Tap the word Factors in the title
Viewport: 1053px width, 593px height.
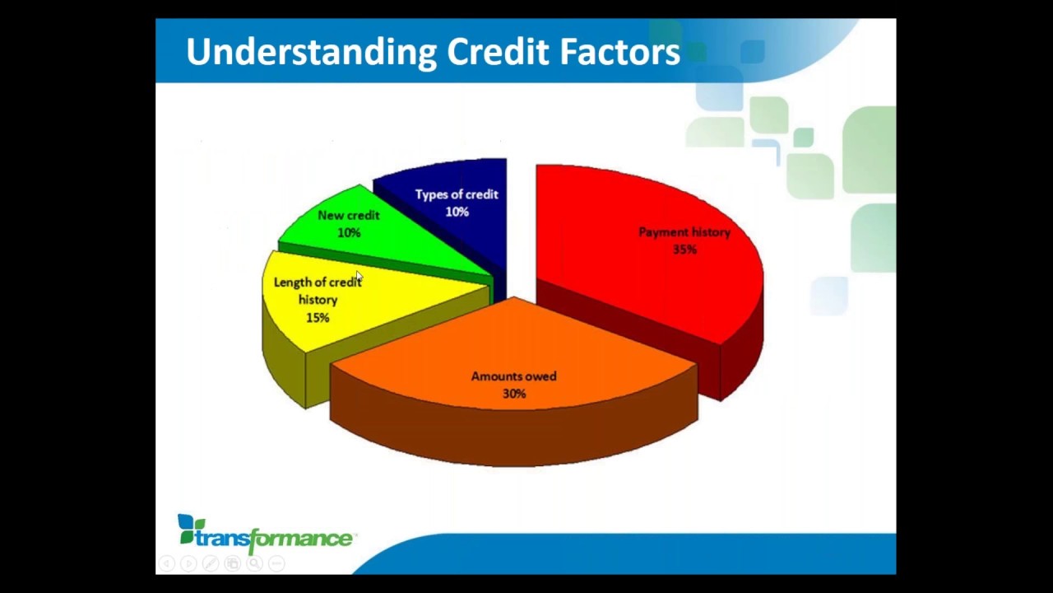click(619, 52)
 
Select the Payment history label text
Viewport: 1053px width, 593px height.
click(684, 232)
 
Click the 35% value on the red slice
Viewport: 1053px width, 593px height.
click(684, 250)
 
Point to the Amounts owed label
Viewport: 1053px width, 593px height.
click(513, 376)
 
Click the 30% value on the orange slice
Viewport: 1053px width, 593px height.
click(514, 394)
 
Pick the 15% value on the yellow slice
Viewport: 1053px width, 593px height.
click(318, 318)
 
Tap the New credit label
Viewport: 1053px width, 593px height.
click(348, 215)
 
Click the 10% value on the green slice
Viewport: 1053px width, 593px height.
click(349, 233)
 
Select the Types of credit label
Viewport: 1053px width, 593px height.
click(457, 194)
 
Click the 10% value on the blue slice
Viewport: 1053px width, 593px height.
click(457, 212)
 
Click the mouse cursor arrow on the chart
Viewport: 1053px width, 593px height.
click(359, 277)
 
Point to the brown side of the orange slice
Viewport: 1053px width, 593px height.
click(510, 437)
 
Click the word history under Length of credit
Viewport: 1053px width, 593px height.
click(318, 300)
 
